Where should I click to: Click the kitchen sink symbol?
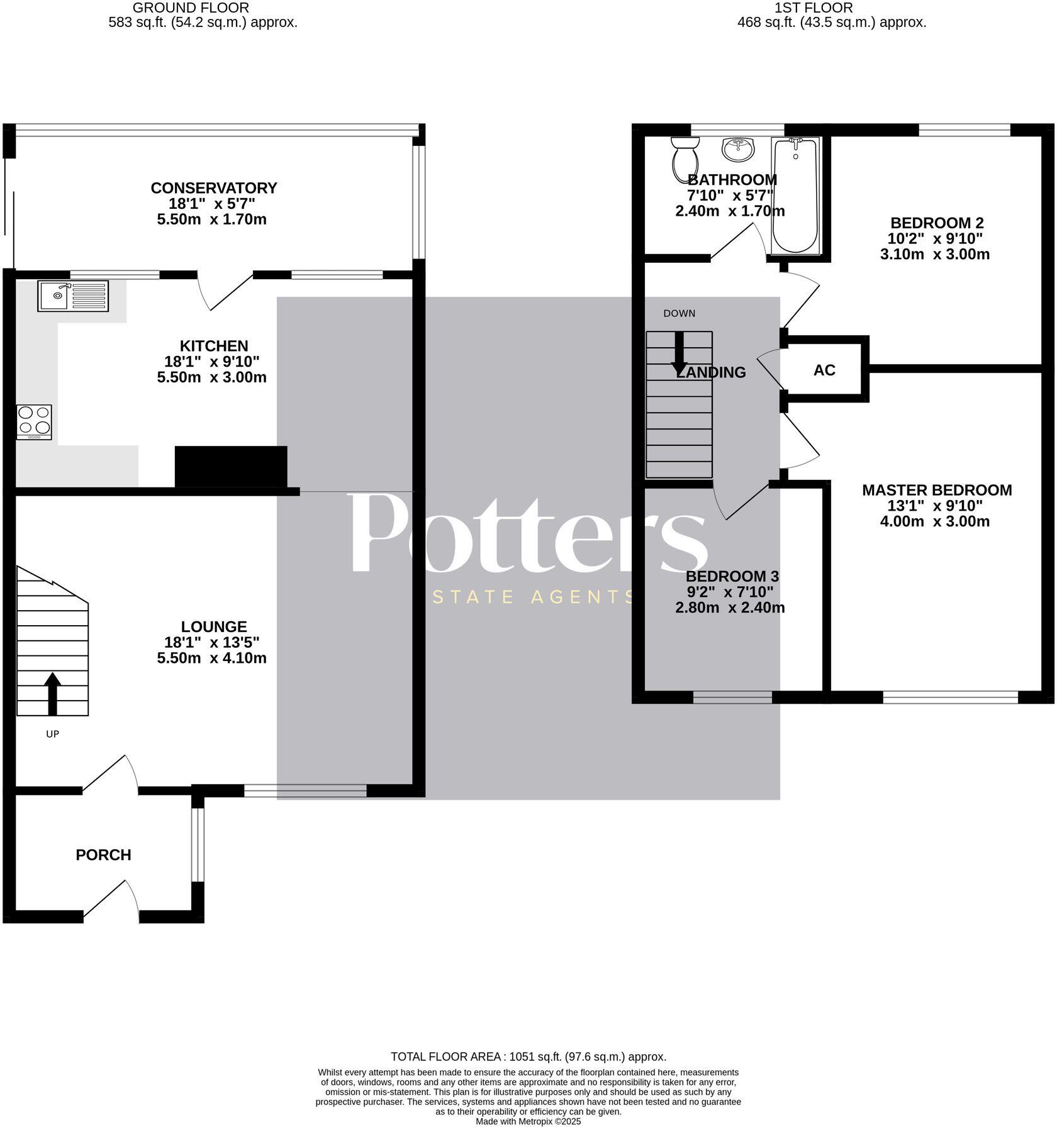pyautogui.click(x=72, y=296)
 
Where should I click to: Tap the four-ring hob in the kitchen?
pyautogui.click(x=35, y=422)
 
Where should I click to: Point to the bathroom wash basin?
pyautogui.click(x=738, y=150)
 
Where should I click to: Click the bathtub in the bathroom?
pyautogui.click(x=795, y=196)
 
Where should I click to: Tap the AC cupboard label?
pyautogui.click(x=824, y=370)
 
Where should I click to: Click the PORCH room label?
pyautogui.click(x=103, y=855)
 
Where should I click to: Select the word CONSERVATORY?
pyautogui.click(x=214, y=188)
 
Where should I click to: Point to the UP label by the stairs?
pyautogui.click(x=52, y=734)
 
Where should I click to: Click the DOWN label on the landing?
pyautogui.click(x=679, y=313)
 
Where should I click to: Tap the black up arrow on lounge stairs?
pyautogui.click(x=52, y=693)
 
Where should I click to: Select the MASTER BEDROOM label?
pyautogui.click(x=936, y=490)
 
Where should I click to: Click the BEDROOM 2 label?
pyautogui.click(x=936, y=223)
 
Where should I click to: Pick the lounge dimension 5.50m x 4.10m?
pyautogui.click(x=211, y=658)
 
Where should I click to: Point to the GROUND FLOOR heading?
pyautogui.click(x=191, y=8)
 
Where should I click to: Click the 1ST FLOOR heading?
pyautogui.click(x=814, y=8)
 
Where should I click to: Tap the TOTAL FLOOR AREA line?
pyautogui.click(x=528, y=1057)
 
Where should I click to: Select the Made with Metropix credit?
pyautogui.click(x=528, y=1121)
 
